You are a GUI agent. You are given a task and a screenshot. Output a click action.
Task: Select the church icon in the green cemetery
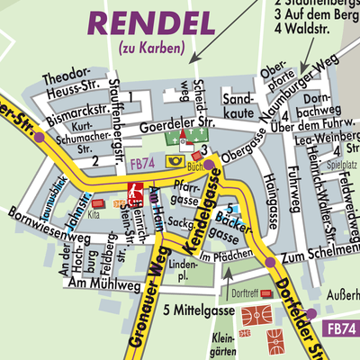tap(183, 138)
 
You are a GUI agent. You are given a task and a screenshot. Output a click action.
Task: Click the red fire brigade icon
tap(135, 190)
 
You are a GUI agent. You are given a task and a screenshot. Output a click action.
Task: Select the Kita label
tap(94, 216)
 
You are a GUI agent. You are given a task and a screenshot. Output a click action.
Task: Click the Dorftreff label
tap(244, 292)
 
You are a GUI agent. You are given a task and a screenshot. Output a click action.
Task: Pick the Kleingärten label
tap(221, 345)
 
